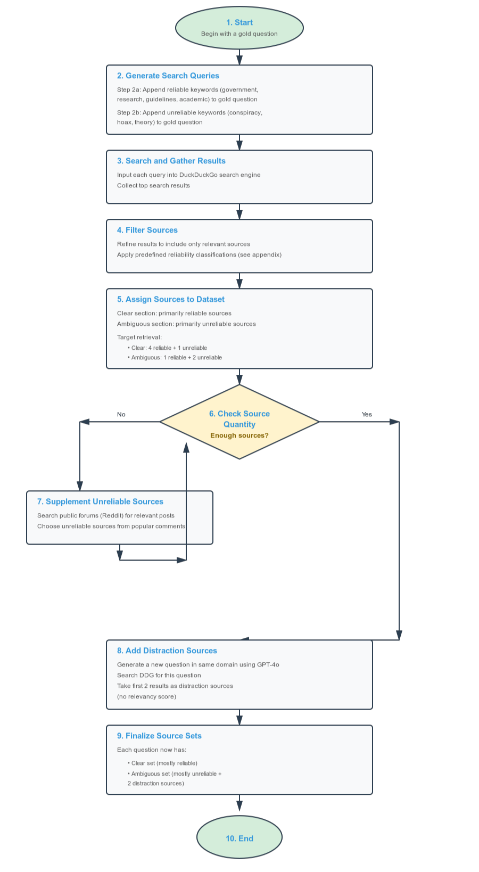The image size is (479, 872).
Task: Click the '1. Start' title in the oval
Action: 239,22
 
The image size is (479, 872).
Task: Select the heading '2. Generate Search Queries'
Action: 168,76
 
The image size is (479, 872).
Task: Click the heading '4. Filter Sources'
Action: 147,230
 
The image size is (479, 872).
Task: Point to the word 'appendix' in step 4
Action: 266,254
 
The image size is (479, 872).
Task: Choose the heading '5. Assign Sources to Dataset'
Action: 170,299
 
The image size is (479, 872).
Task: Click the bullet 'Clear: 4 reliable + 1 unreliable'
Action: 169,348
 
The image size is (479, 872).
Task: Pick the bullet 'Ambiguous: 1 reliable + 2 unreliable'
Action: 176,357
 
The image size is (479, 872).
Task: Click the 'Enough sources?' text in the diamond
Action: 239,435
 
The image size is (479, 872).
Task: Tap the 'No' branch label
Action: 121,414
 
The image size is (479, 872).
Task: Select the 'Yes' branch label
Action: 367,414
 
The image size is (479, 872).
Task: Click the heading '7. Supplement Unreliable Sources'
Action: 100,501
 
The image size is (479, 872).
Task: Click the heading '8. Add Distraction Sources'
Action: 167,651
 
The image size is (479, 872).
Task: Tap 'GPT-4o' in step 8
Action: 268,664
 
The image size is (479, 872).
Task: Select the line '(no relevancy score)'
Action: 146,696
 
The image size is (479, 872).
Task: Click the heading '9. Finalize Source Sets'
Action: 159,736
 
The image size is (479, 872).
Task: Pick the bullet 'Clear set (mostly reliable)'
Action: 164,763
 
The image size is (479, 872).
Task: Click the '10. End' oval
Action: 239,838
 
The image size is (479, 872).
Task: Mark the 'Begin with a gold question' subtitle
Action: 239,34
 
